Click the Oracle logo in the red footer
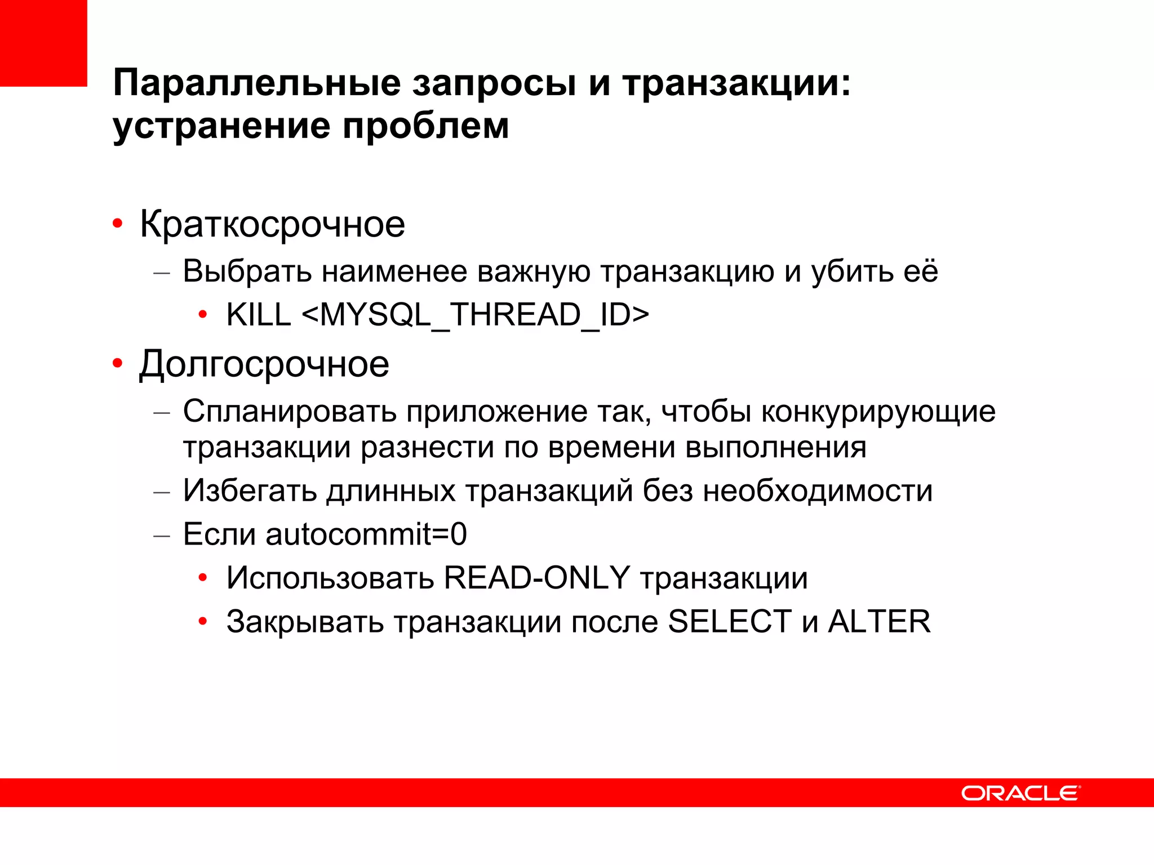tap(1020, 793)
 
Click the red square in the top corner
tap(43, 43)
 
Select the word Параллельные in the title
tap(257, 83)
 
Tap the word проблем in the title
tap(426, 126)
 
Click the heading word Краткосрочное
tap(272, 225)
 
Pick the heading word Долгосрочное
tap(264, 364)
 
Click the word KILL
tap(258, 314)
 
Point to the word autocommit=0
tap(366, 534)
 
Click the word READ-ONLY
tap(536, 578)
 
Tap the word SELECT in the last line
tap(730, 622)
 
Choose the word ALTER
tap(879, 622)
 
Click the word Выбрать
tap(247, 271)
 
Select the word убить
tap(853, 271)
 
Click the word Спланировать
tap(290, 412)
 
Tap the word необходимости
tap(818, 491)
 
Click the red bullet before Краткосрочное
tap(117, 225)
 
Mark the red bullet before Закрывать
tap(203, 622)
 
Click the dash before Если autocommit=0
tap(162, 535)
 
